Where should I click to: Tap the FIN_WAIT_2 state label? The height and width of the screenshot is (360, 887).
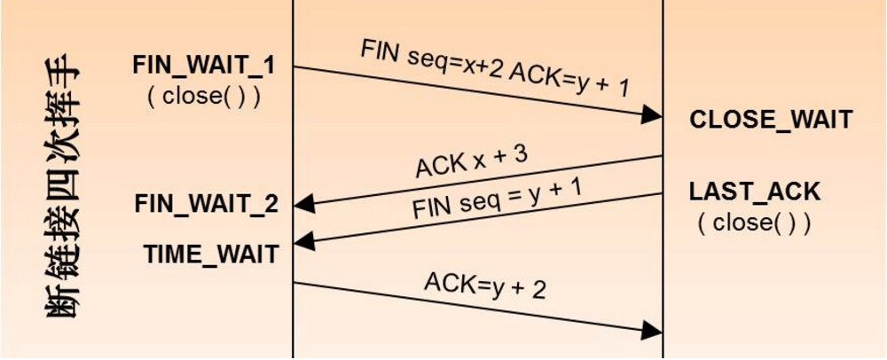pos(207,203)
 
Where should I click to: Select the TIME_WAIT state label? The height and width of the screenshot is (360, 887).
pos(211,254)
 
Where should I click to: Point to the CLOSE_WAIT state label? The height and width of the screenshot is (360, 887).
pos(771,120)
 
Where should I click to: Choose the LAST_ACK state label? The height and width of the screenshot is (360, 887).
pos(755,191)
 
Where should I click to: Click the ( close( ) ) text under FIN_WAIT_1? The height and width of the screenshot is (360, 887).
pos(203,95)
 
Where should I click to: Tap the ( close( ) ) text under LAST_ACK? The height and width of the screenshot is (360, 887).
pos(755,222)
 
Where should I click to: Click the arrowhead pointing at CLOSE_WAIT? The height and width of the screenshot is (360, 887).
pos(653,115)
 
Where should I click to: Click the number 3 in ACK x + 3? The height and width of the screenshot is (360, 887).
pos(519,154)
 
